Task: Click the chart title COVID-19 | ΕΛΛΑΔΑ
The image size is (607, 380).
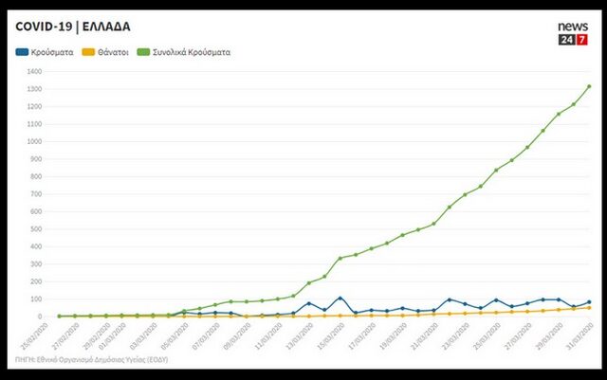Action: click(x=73, y=26)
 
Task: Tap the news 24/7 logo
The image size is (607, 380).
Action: click(x=572, y=34)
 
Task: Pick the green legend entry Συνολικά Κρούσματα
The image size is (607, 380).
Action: click(x=186, y=52)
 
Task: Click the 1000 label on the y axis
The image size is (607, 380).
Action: click(x=36, y=141)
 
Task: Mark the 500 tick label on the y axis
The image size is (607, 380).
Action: click(x=38, y=228)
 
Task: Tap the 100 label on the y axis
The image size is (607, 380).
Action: click(x=38, y=299)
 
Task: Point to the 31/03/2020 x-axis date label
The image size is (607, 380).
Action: click(x=579, y=335)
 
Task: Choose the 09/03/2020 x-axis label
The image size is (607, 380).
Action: click(x=237, y=335)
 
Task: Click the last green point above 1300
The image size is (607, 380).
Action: click(x=589, y=86)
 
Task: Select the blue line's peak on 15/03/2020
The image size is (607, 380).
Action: click(x=340, y=299)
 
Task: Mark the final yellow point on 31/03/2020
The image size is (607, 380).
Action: click(x=589, y=307)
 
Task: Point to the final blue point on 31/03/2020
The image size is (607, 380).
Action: click(x=589, y=302)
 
